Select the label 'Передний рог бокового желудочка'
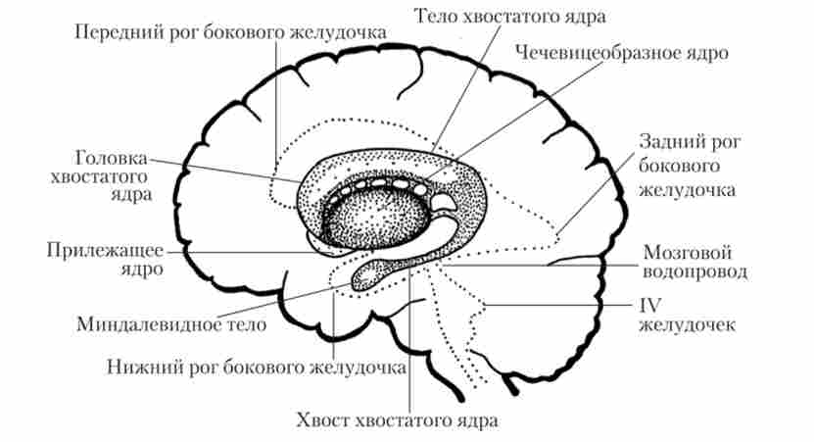coord(230,32)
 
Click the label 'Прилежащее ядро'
coord(105,257)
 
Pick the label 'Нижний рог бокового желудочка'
coord(256,369)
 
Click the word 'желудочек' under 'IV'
coord(686,324)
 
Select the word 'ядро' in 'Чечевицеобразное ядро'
coord(704,52)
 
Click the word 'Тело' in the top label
coord(436,18)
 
